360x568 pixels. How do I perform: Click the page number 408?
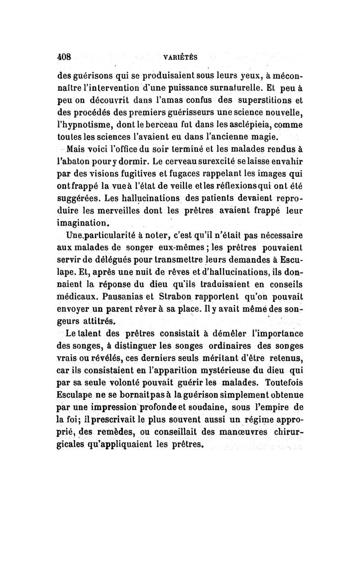click(x=65, y=57)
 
